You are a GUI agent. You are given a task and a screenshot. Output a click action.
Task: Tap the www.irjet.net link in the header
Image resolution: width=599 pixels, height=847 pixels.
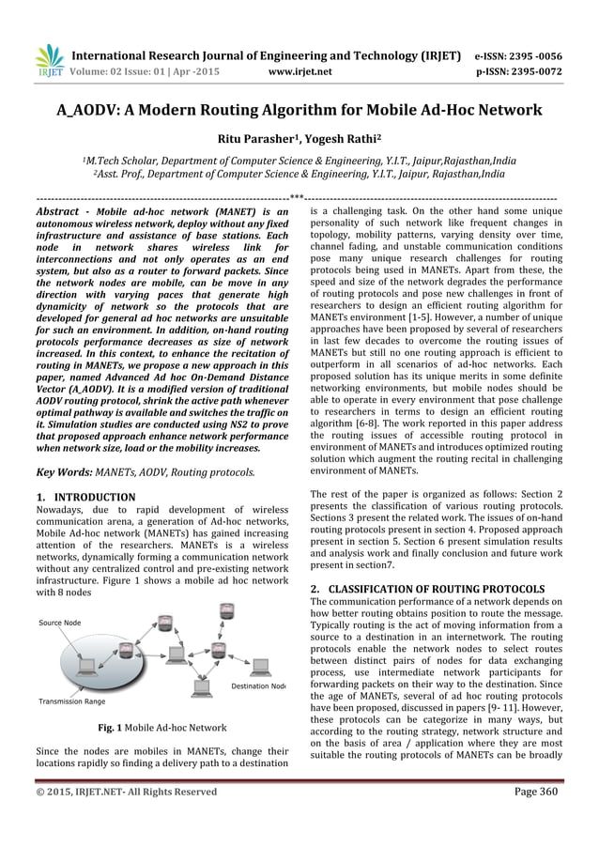pyautogui.click(x=299, y=69)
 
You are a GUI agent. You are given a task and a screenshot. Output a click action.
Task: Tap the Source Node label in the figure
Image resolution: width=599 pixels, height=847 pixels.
pyautogui.click(x=59, y=623)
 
